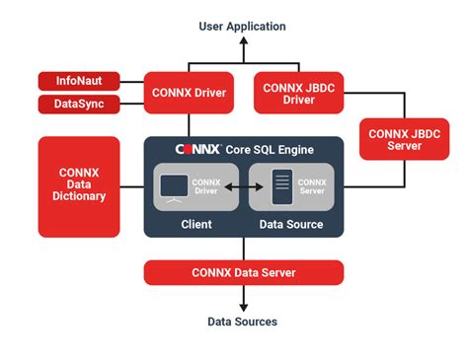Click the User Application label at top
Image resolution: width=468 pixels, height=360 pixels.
(242, 27)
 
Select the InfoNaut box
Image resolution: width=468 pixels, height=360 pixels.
(77, 81)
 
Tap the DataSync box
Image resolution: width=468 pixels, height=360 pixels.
(77, 104)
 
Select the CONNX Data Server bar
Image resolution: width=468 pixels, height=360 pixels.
(243, 272)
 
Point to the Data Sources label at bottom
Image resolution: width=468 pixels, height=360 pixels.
(242, 322)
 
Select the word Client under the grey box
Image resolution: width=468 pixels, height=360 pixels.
(196, 224)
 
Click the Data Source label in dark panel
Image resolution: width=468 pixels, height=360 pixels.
(291, 224)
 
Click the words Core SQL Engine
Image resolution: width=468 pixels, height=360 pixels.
(272, 149)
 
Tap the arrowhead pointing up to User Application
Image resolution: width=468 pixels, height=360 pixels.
(242, 41)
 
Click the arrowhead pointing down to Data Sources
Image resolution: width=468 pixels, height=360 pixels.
(242, 306)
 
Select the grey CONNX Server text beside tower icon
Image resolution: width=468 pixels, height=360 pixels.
(312, 185)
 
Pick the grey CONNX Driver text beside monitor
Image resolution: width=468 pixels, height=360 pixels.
(205, 185)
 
